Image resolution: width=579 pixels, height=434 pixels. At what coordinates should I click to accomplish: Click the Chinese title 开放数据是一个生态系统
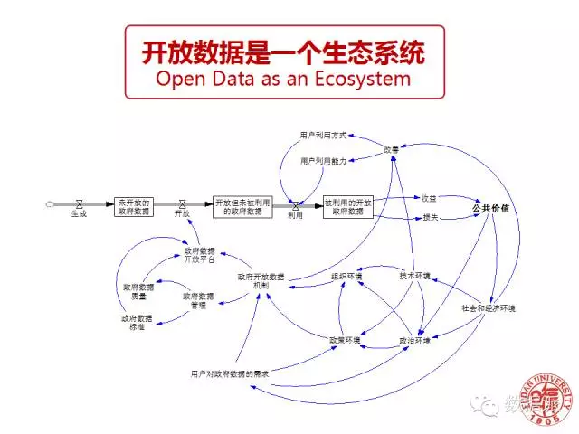(283, 52)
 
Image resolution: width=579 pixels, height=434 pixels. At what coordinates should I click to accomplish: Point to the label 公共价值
(490, 208)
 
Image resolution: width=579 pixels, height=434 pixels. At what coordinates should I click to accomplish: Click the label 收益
(429, 197)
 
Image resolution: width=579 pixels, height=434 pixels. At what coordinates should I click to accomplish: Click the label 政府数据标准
(137, 323)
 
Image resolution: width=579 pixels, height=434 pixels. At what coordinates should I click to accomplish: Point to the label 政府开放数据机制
(261, 280)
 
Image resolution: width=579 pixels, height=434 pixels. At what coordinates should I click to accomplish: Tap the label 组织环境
(347, 276)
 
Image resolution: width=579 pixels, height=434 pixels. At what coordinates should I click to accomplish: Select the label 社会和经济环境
(489, 308)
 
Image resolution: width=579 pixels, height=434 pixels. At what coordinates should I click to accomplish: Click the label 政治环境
(415, 341)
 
